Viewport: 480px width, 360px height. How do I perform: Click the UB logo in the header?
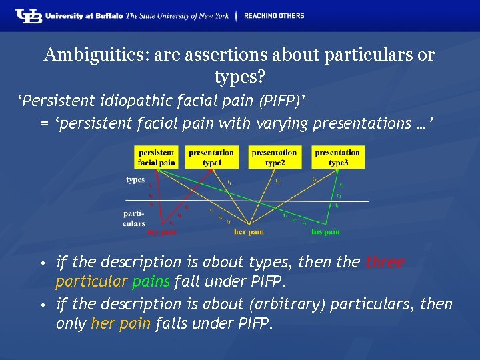pyautogui.click(x=29, y=16)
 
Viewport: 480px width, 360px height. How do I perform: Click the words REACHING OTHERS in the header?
pyautogui.click(x=274, y=16)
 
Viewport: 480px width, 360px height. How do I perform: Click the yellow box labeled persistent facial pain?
pyautogui.click(x=157, y=157)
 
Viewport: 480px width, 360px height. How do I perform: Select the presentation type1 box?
pyautogui.click(x=211, y=157)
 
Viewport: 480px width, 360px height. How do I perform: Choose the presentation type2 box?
pyautogui.click(x=274, y=157)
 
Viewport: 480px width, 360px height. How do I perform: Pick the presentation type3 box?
pyautogui.click(x=337, y=157)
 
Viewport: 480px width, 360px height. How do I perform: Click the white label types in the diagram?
pyautogui.click(x=135, y=180)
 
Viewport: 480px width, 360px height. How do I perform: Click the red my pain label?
pyautogui.click(x=162, y=232)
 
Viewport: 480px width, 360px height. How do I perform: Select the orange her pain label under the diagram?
pyautogui.click(x=249, y=232)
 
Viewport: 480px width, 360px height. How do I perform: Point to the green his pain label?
pyautogui.click(x=326, y=232)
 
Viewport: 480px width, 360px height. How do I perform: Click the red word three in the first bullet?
pyautogui.click(x=385, y=263)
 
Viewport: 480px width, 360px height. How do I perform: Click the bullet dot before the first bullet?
pyautogui.click(x=42, y=263)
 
